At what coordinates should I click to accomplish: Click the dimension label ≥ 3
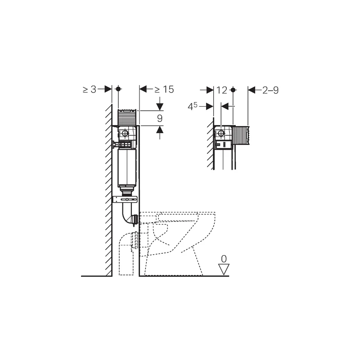89,89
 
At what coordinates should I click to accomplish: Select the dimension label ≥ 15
164,89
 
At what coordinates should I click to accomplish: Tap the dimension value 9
160,118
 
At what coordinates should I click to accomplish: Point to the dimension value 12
221,90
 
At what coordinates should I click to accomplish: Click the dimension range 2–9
270,90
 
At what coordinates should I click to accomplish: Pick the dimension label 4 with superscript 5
193,106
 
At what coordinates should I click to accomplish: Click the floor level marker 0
224,259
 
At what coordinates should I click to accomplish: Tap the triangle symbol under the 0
224,269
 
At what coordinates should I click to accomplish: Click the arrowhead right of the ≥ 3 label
108,89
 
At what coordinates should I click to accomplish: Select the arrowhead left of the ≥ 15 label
143,89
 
